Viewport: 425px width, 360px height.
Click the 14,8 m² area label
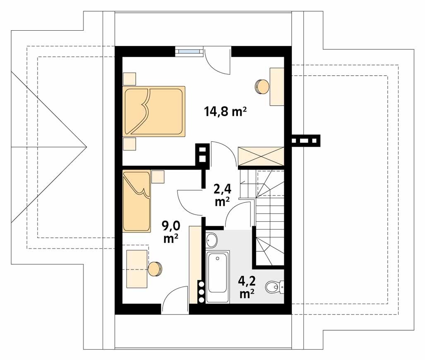pyautogui.click(x=225, y=111)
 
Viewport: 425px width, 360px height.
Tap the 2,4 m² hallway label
pyautogui.click(x=222, y=195)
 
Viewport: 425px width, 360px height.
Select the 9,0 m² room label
pyautogui.click(x=171, y=232)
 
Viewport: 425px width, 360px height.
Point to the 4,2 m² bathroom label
pyautogui.click(x=247, y=287)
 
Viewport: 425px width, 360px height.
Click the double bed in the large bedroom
pyautogui.click(x=154, y=111)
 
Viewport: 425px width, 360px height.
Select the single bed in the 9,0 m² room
pyautogui.click(x=137, y=201)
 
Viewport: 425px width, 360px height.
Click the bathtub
pyautogui.click(x=218, y=277)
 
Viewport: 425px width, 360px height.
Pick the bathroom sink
pyautogui.click(x=211, y=240)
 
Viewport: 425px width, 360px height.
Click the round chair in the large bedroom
pyautogui.click(x=262, y=87)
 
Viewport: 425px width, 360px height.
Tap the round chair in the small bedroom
pyautogui.click(x=155, y=269)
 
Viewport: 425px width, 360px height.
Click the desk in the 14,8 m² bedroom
pyautogui.click(x=277, y=87)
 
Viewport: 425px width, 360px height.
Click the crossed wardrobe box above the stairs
pyautogui.click(x=261, y=156)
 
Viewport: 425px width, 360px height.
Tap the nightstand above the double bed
pyautogui.click(x=129, y=79)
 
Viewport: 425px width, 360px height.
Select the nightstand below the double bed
pyautogui.click(x=129, y=144)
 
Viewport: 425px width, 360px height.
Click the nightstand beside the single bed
pyautogui.click(x=158, y=176)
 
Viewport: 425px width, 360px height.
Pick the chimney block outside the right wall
pyautogui.click(x=306, y=140)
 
